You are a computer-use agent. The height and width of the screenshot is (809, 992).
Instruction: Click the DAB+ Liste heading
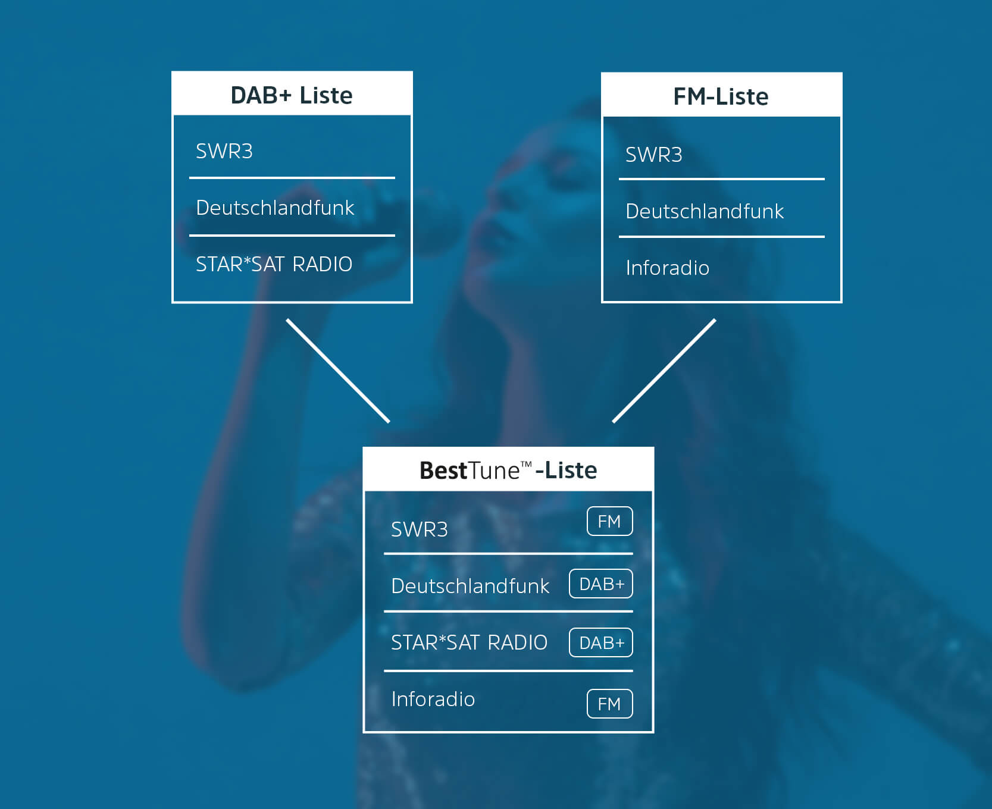click(292, 95)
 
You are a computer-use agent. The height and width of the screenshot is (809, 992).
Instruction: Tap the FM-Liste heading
click(721, 96)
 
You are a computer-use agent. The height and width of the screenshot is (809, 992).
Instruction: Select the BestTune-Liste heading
click(508, 471)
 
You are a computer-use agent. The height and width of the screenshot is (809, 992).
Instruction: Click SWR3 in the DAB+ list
click(224, 152)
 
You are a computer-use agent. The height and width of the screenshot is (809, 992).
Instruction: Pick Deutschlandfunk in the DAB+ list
click(275, 208)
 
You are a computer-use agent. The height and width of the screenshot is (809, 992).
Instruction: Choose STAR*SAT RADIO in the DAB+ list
click(274, 264)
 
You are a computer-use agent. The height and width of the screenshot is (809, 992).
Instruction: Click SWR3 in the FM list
click(653, 155)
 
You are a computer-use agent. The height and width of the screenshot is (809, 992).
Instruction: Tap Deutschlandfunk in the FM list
click(705, 212)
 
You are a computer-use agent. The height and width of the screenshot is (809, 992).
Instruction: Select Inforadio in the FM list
click(667, 268)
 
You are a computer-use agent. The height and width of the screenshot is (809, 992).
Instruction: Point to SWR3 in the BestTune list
click(419, 529)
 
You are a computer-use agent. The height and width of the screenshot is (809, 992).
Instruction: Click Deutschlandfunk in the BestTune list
click(470, 587)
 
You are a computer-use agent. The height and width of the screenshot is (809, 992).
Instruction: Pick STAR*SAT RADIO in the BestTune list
click(469, 643)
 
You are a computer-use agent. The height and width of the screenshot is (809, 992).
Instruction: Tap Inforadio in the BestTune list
click(433, 700)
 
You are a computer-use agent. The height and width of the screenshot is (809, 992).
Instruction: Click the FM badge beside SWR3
click(609, 522)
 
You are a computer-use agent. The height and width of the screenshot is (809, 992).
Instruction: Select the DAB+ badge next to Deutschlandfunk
click(601, 584)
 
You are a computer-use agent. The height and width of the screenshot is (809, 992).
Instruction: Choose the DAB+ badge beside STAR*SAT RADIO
click(601, 643)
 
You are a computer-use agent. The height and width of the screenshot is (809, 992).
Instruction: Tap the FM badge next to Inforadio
click(609, 704)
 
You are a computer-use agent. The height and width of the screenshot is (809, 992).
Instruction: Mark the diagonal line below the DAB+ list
click(338, 371)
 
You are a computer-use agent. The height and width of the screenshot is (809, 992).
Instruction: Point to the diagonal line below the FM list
click(664, 371)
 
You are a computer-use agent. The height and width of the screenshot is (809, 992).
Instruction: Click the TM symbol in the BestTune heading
click(526, 464)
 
